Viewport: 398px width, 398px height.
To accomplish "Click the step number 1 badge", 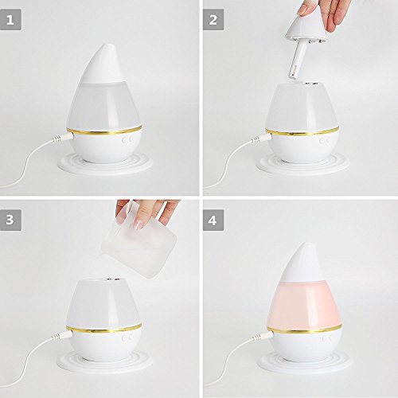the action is pyautogui.click(x=10, y=20).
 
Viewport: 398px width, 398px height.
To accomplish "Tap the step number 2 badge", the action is pyautogui.click(x=213, y=20).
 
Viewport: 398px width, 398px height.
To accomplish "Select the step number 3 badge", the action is pyautogui.click(x=10, y=220).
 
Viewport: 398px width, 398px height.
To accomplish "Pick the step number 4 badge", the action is pyautogui.click(x=213, y=220).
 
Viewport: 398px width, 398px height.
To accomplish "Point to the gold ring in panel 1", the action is pyautogui.click(x=103, y=131).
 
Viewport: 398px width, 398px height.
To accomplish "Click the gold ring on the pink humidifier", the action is pyautogui.click(x=304, y=329).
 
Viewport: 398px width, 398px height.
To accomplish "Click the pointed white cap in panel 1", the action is pyautogui.click(x=104, y=64).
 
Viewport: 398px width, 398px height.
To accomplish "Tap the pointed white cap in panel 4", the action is pyautogui.click(x=305, y=262).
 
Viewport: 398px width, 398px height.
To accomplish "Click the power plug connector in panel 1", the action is pyautogui.click(x=63, y=138).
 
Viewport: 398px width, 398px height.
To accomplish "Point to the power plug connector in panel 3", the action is pyautogui.click(x=61, y=336).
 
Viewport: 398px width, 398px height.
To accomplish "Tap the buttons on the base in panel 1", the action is pyautogui.click(x=127, y=141).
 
